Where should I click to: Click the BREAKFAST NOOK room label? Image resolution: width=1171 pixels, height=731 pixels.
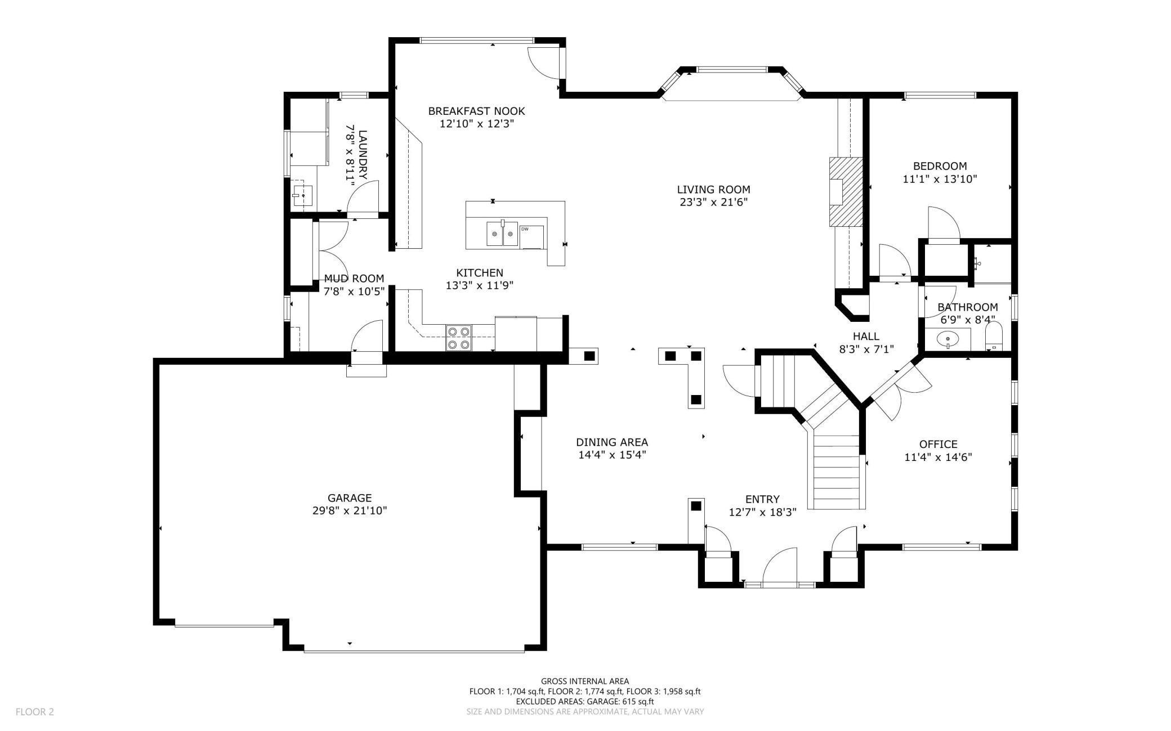coord(476,111)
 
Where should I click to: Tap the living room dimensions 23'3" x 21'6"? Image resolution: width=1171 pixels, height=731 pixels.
coord(713,202)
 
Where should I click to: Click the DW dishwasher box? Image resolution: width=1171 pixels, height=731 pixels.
coord(532,236)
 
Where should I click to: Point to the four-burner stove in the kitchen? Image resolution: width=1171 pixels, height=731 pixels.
coord(458,338)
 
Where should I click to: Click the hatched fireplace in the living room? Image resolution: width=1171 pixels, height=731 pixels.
coord(846,192)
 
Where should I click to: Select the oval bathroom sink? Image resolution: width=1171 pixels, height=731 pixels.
coord(948,339)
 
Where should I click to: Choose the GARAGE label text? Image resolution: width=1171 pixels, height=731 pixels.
coord(350,498)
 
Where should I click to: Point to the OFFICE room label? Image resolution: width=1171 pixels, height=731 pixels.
coord(938,444)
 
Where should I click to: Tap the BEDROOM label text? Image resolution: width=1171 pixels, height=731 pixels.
coord(940,166)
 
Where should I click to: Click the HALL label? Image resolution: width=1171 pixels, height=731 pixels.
coord(866,337)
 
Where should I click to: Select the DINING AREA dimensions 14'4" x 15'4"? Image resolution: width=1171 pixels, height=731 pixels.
coord(611,455)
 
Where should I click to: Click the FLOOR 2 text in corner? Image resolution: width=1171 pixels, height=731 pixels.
coord(35,712)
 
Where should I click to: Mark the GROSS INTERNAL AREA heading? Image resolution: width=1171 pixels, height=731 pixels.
coord(585,681)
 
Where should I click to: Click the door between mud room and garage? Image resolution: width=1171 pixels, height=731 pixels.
coord(367,337)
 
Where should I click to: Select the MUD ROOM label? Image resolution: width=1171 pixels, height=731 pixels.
coord(354,279)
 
